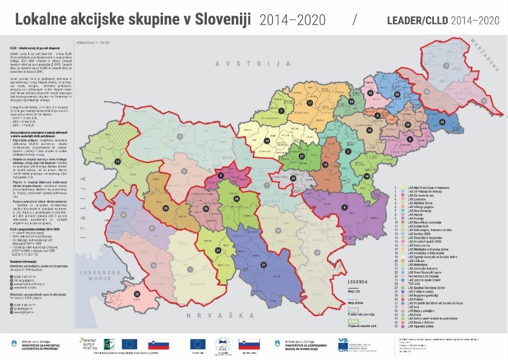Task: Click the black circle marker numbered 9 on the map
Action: [x=344, y=207]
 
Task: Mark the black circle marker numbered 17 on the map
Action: [x=310, y=103]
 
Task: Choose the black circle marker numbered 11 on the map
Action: [x=117, y=162]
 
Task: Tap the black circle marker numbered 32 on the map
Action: [x=137, y=294]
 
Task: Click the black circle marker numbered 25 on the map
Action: [x=442, y=122]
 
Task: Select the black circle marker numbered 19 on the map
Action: [x=267, y=141]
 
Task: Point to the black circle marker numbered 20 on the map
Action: [x=166, y=208]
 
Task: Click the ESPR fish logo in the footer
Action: [x=223, y=344]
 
